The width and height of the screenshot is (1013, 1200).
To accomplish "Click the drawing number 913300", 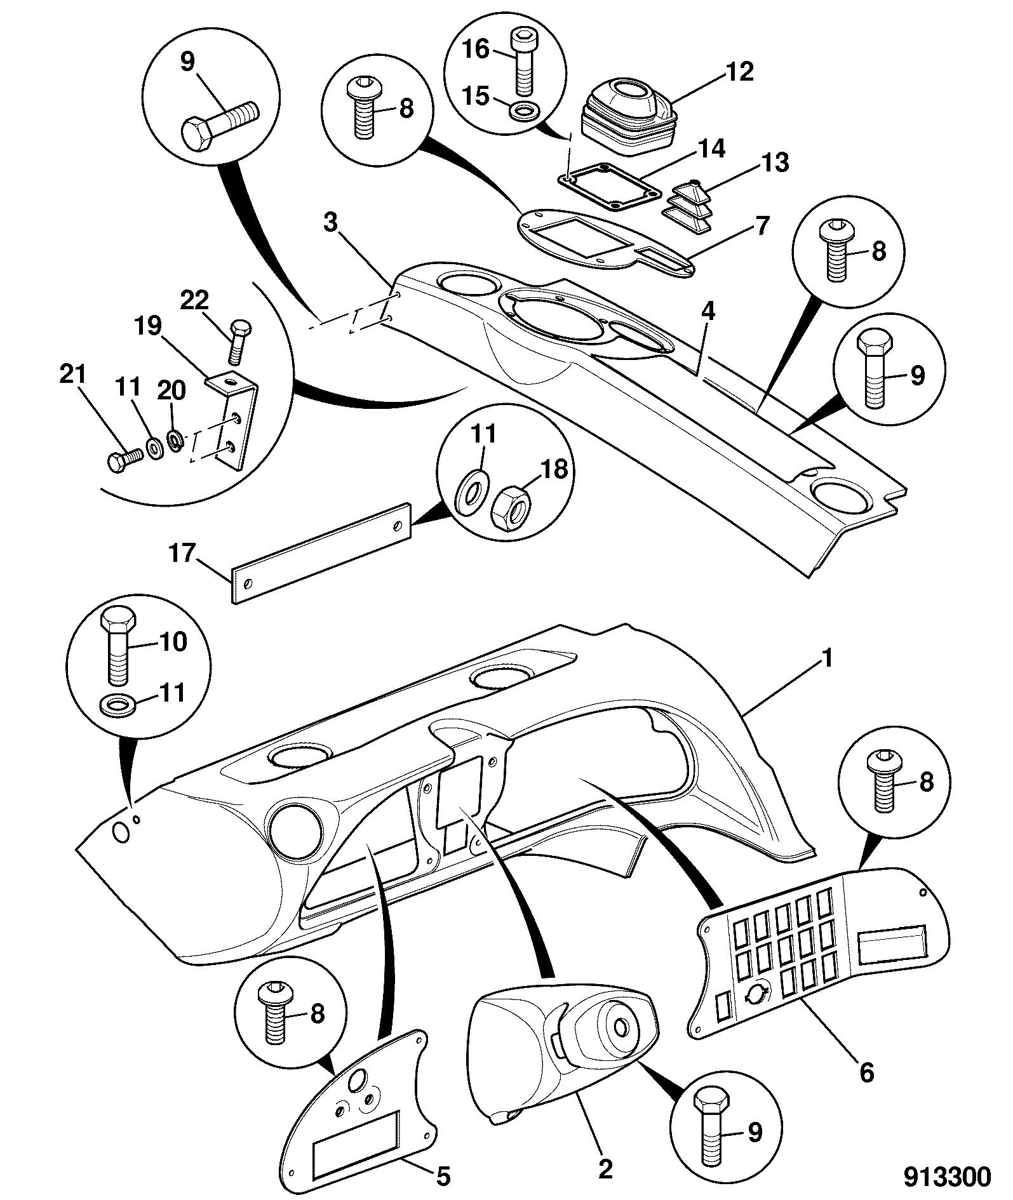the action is tap(947, 1177).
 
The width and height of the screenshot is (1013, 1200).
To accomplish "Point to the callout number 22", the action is tap(195, 302).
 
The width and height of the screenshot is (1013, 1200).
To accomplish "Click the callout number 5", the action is tap(443, 1176).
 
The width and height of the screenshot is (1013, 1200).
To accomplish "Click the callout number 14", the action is tap(709, 149).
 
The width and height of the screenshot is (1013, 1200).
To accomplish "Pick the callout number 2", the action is tap(605, 1168).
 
